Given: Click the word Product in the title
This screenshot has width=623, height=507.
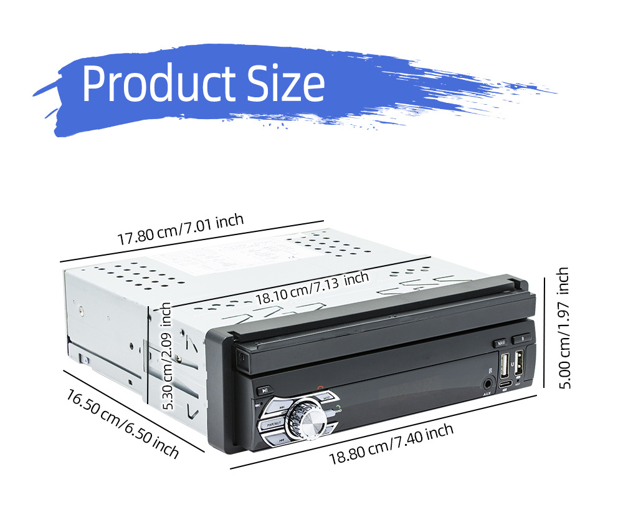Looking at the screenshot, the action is pos(159,84).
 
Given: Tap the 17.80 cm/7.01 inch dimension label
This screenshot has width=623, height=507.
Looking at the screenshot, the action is pos(181,229).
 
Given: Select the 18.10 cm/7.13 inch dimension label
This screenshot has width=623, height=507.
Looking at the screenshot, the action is pos(311,286).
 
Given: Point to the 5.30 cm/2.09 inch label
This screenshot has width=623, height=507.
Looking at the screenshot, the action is pos(166,355).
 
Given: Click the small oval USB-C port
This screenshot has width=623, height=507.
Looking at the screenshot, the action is pos(503,383).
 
